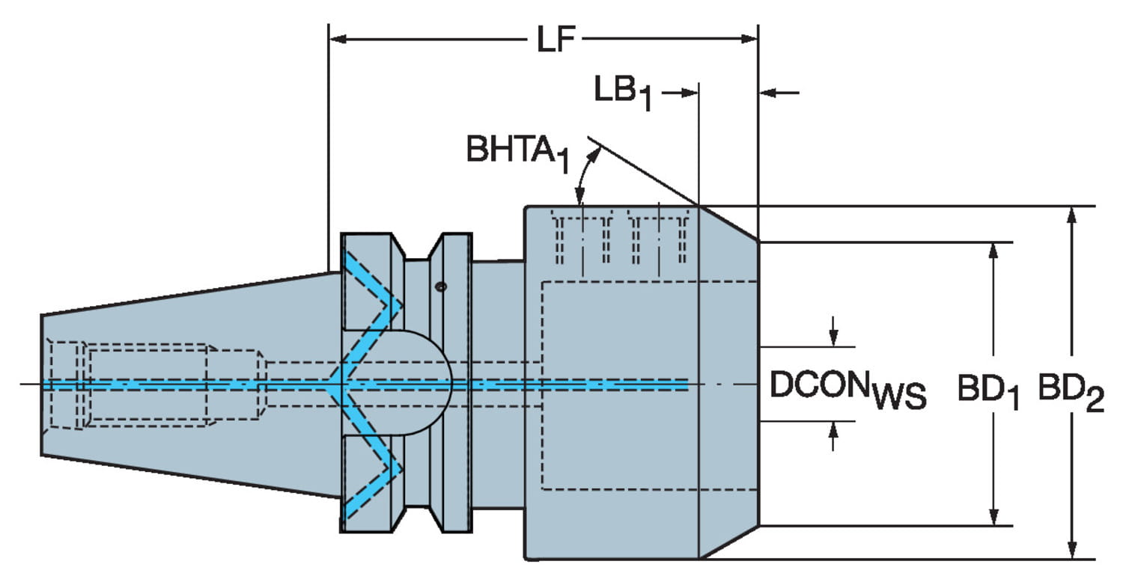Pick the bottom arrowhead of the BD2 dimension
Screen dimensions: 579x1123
click(x=1072, y=551)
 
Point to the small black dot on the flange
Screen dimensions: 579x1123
click(x=441, y=287)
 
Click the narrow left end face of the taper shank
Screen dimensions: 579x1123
click(x=43, y=384)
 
